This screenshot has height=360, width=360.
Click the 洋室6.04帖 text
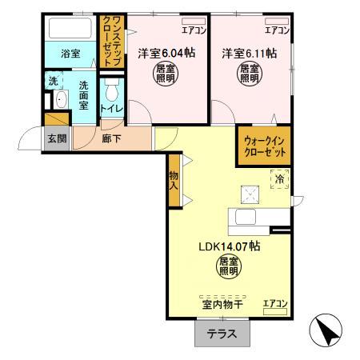pos(161,54)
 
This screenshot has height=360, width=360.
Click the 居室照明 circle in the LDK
pos(229,267)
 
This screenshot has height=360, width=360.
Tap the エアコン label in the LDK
pos(275,303)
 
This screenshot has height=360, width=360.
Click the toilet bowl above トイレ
pos(112,87)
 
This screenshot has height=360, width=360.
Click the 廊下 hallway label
pos(112,138)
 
